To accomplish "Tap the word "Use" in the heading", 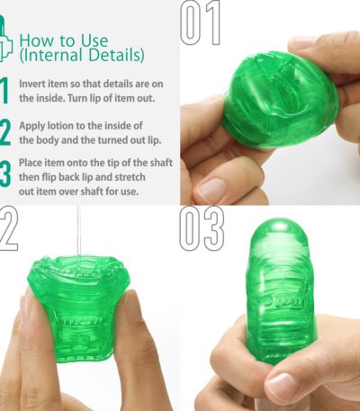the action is pyautogui.click(x=94, y=40).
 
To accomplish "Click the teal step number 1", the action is pyautogui.click(x=4, y=91).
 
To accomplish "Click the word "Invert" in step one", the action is pyautogui.click(x=32, y=84).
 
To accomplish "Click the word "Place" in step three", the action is pyautogui.click(x=31, y=163).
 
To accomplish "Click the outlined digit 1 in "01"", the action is pyautogui.click(x=212, y=22).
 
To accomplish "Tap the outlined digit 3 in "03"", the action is pyautogui.click(x=212, y=229).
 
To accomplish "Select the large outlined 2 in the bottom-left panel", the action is pyautogui.click(x=8, y=228).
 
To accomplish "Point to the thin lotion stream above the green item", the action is pyautogui.click(x=79, y=230).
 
